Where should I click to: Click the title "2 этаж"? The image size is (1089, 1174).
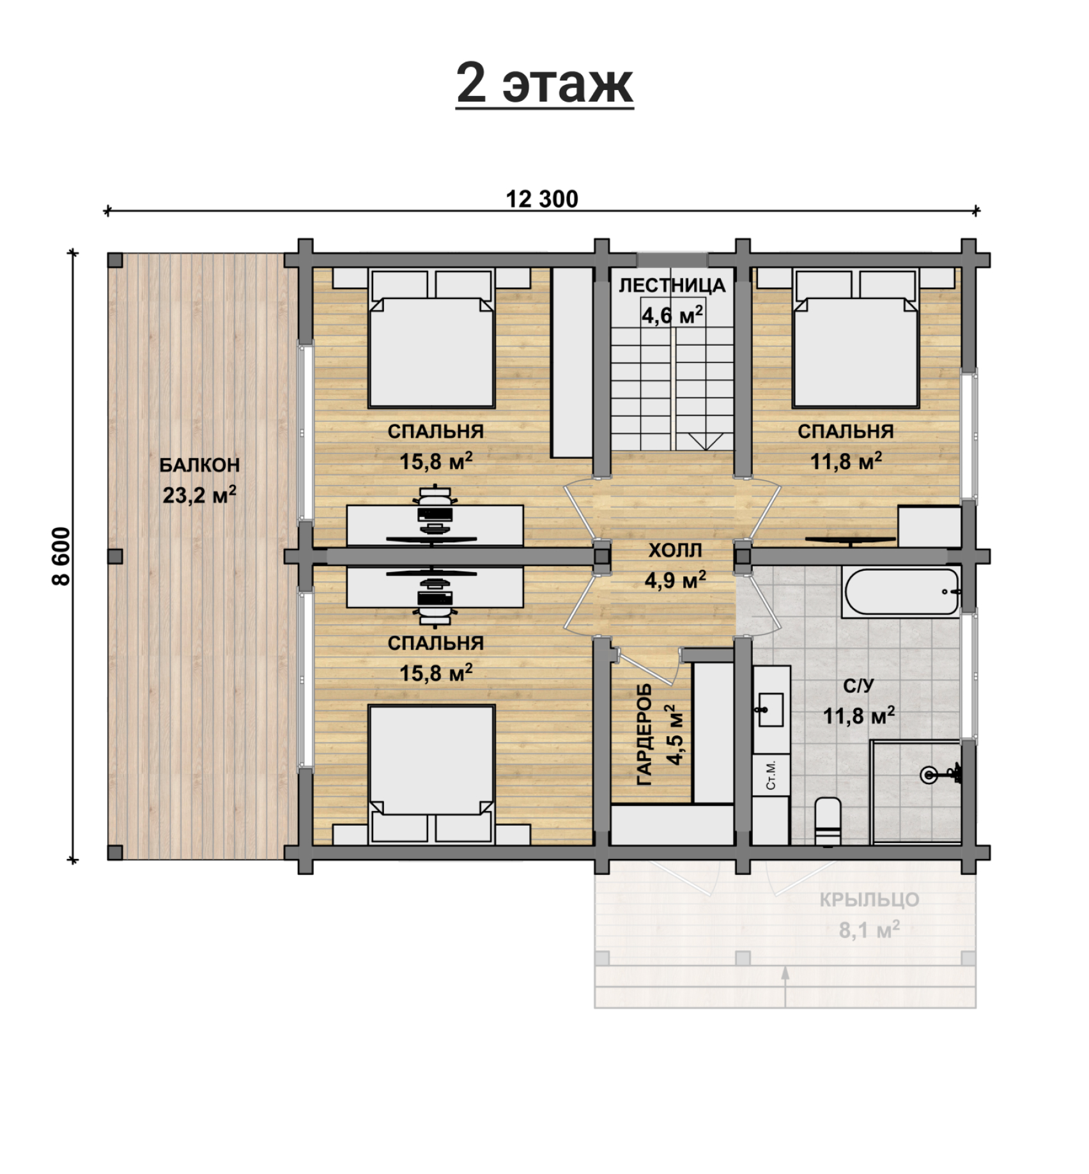544,84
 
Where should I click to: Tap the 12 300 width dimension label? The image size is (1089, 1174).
542,199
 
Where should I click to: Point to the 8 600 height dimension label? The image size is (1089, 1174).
61,556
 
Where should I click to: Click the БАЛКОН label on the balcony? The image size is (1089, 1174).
199,465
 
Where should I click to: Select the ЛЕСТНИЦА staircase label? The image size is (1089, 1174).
672,286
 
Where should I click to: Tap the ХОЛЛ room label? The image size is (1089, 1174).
676,550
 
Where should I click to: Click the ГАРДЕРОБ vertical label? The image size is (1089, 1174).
644,734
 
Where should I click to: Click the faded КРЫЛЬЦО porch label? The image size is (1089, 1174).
869,900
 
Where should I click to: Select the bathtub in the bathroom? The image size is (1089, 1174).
901,592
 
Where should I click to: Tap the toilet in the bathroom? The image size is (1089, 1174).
828,821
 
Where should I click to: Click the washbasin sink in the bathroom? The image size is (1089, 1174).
771,709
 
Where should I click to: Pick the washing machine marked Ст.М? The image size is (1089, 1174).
771,775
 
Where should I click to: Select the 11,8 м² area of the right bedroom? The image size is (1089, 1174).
846,461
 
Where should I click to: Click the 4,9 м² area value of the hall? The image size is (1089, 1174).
676,580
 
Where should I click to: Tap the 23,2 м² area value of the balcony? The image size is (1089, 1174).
199,495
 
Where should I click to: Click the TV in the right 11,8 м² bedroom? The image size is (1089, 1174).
850,541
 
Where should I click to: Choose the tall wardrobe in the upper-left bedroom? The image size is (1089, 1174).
572,362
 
